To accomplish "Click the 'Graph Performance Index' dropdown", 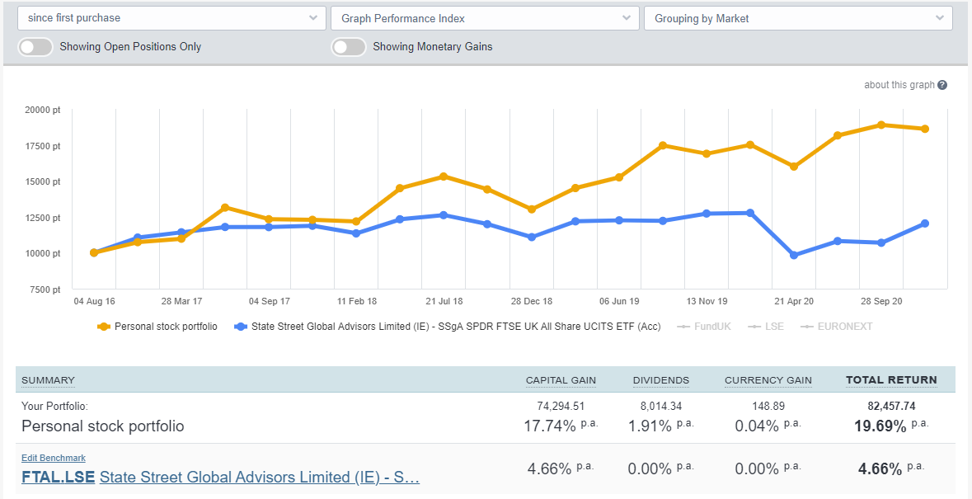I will click(485, 18).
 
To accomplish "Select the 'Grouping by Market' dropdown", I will click(798, 18).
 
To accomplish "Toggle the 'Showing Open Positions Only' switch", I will click(35, 47).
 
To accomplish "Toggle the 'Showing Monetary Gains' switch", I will click(349, 47).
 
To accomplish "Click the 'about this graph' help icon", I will click(942, 85).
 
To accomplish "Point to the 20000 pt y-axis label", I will click(43, 110).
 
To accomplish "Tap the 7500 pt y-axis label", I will click(45, 290).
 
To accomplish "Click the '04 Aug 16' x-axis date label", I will click(94, 302).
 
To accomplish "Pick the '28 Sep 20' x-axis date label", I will click(882, 302).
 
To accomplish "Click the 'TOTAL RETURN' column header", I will click(891, 380).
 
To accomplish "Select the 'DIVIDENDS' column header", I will click(660, 380).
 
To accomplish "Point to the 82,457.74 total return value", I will click(891, 406).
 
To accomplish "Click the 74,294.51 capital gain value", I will click(561, 406).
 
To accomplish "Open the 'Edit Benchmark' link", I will click(54, 458).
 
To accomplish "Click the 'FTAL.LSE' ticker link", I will click(58, 477).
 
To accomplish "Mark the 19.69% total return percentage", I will click(881, 426).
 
